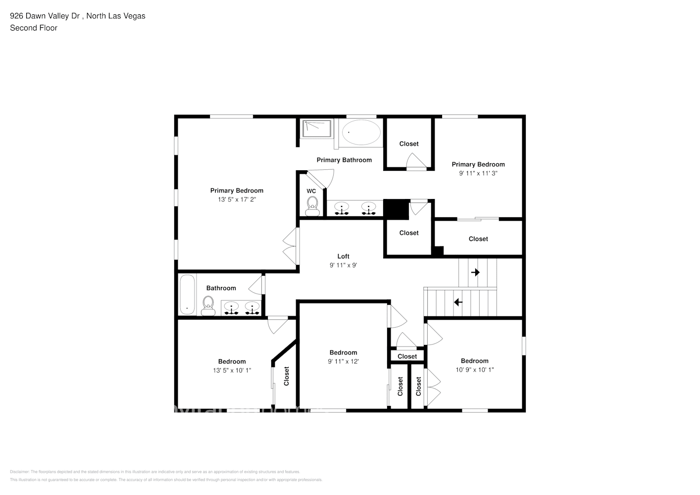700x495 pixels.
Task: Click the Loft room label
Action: [x=343, y=256]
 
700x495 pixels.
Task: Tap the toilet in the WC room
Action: [x=312, y=206]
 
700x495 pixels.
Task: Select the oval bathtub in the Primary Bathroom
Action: [x=361, y=132]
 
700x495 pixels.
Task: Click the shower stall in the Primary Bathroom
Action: [x=317, y=129]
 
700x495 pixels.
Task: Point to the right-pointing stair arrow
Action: [x=475, y=272]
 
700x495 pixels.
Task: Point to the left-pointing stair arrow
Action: [x=458, y=301]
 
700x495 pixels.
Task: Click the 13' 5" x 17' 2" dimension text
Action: [x=237, y=199]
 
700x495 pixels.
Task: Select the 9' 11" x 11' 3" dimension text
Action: [x=478, y=173]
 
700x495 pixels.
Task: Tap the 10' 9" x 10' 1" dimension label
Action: [x=474, y=370]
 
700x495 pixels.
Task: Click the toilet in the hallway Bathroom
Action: [x=208, y=305]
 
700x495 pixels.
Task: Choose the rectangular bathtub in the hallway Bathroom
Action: [x=187, y=295]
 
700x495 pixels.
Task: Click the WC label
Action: [x=311, y=191]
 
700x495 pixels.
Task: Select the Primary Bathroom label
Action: [x=344, y=160]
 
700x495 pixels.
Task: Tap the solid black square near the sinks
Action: [x=396, y=209]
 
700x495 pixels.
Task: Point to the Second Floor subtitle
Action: [x=34, y=28]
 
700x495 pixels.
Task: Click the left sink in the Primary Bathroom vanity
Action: [x=341, y=208]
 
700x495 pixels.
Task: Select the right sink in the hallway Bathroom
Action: [x=252, y=308]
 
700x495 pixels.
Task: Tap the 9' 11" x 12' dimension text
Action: [x=343, y=361]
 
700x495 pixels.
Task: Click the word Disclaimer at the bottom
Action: [x=20, y=472]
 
